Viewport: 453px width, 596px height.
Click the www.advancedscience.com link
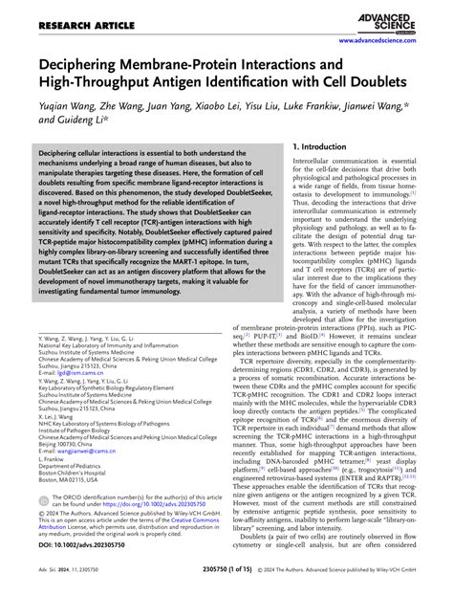[x=392, y=42]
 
